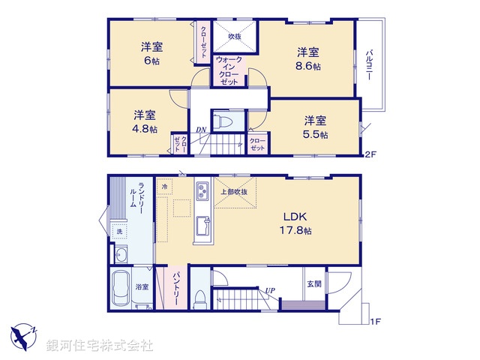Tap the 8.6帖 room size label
(307, 66)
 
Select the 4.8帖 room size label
(145, 128)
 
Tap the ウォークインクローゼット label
(229, 70)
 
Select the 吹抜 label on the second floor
(234, 36)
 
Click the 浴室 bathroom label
(142, 286)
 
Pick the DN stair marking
(201, 130)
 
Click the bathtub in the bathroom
(121, 291)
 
